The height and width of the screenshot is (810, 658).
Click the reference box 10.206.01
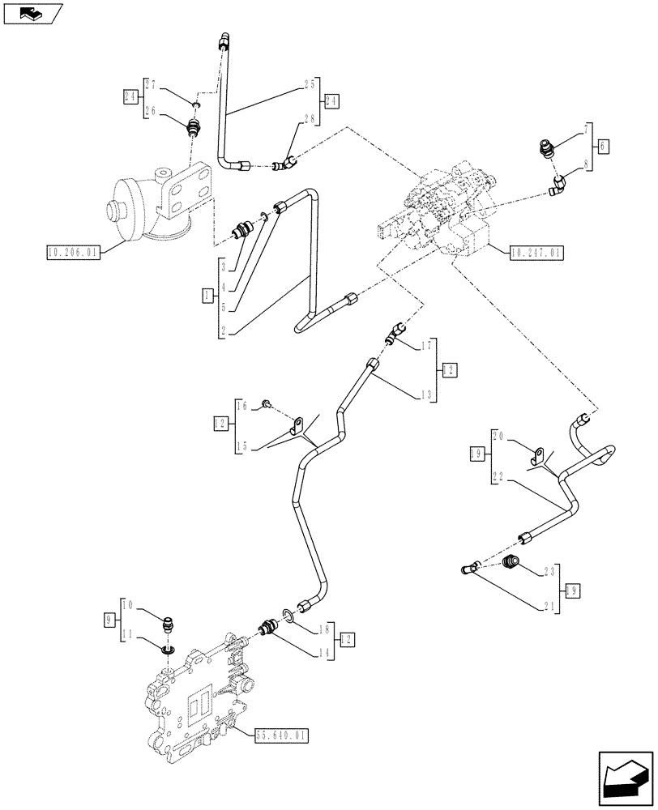point(73,253)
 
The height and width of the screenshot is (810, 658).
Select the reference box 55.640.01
point(283,735)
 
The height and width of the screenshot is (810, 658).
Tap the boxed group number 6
point(604,147)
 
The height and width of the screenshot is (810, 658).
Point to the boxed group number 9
point(109,620)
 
